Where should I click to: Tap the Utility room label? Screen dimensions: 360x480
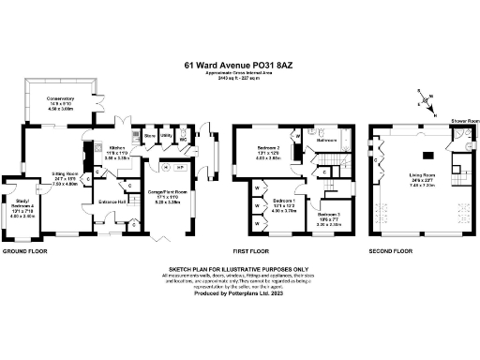click(x=165, y=136)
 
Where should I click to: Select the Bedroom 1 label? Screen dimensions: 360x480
click(x=285, y=202)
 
